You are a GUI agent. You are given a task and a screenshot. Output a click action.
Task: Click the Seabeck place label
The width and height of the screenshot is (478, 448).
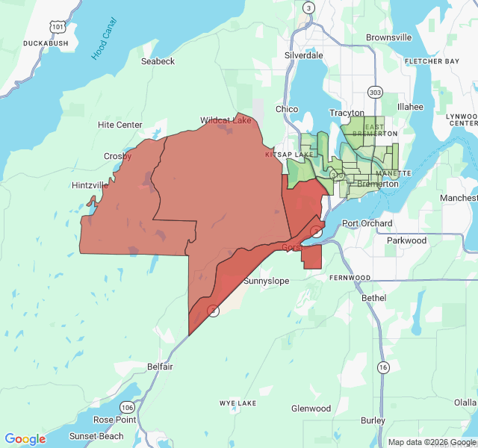[158, 61]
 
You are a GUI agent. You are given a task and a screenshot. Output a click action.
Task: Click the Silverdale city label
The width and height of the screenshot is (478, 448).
[304, 55]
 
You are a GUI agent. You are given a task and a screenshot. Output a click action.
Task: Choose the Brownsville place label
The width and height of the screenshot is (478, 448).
[389, 37]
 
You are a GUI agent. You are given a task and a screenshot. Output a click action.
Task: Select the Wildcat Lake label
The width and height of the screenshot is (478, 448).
[226, 119]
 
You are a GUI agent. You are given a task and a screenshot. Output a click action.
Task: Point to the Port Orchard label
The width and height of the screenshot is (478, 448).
[367, 223]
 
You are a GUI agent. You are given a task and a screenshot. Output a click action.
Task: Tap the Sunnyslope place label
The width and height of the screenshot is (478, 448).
[267, 281]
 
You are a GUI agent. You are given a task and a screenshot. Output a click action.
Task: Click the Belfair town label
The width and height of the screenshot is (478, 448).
[160, 367]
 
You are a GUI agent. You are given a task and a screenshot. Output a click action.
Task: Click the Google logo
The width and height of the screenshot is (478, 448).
[25, 439]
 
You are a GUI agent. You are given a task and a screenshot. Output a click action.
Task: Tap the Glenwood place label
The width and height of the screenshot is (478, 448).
[311, 408]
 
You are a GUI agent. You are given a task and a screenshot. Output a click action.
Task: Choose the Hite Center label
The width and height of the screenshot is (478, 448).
[119, 125]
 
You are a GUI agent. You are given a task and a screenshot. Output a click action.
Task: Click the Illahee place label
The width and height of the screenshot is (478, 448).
[410, 107]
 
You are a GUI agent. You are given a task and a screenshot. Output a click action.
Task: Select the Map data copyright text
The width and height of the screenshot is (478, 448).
[431, 442]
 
